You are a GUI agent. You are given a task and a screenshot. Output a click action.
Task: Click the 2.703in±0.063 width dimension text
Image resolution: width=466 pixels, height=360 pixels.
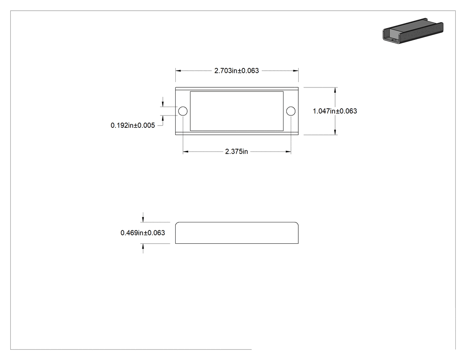pos(237,71)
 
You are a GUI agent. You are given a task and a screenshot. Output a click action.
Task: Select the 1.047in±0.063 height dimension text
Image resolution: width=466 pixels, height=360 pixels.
pos(335,111)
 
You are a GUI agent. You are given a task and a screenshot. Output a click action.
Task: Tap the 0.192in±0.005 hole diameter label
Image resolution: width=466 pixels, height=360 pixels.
pos(133,126)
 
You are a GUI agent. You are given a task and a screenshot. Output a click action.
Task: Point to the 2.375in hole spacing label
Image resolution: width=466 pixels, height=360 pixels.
pos(237,152)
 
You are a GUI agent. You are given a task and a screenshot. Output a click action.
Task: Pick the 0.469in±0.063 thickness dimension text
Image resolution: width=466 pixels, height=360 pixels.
pos(142,233)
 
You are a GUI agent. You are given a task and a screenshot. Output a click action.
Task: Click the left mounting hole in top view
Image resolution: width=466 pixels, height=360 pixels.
pos(183,111)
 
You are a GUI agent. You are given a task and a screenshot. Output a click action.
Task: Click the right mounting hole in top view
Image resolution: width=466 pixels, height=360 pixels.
pos(291,111)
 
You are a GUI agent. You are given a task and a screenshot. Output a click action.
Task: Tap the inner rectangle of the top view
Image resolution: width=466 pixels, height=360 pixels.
pos(237,91)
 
